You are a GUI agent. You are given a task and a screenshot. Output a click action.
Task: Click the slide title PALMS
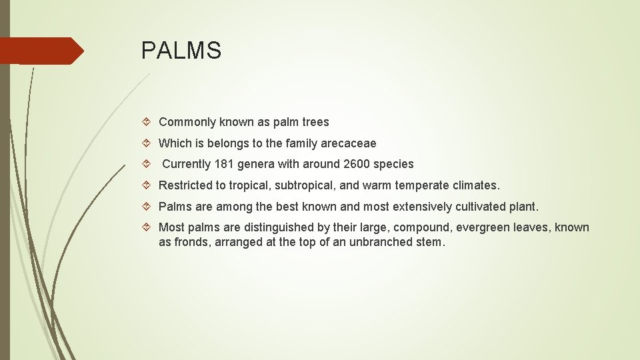pos(181,51)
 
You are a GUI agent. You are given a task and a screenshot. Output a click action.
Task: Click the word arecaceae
pos(348,143)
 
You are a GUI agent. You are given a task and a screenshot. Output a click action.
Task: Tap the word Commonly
pos(187,122)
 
